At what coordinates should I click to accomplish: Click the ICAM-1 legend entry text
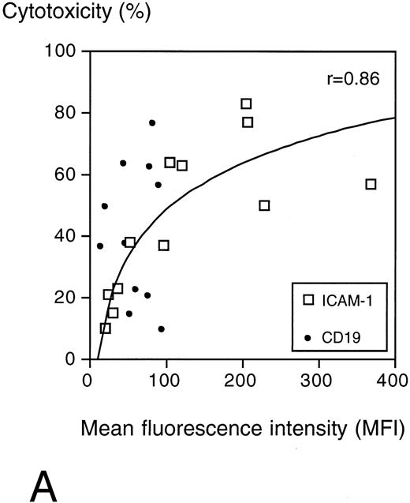(x=348, y=300)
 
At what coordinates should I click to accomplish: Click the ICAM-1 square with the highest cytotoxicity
(x=246, y=103)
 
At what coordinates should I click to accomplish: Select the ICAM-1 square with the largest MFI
(x=371, y=184)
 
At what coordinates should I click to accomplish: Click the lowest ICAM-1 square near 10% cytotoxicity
(x=106, y=328)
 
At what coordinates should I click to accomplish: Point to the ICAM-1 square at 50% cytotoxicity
(x=264, y=205)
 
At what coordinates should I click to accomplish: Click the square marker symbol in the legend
(x=310, y=300)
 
